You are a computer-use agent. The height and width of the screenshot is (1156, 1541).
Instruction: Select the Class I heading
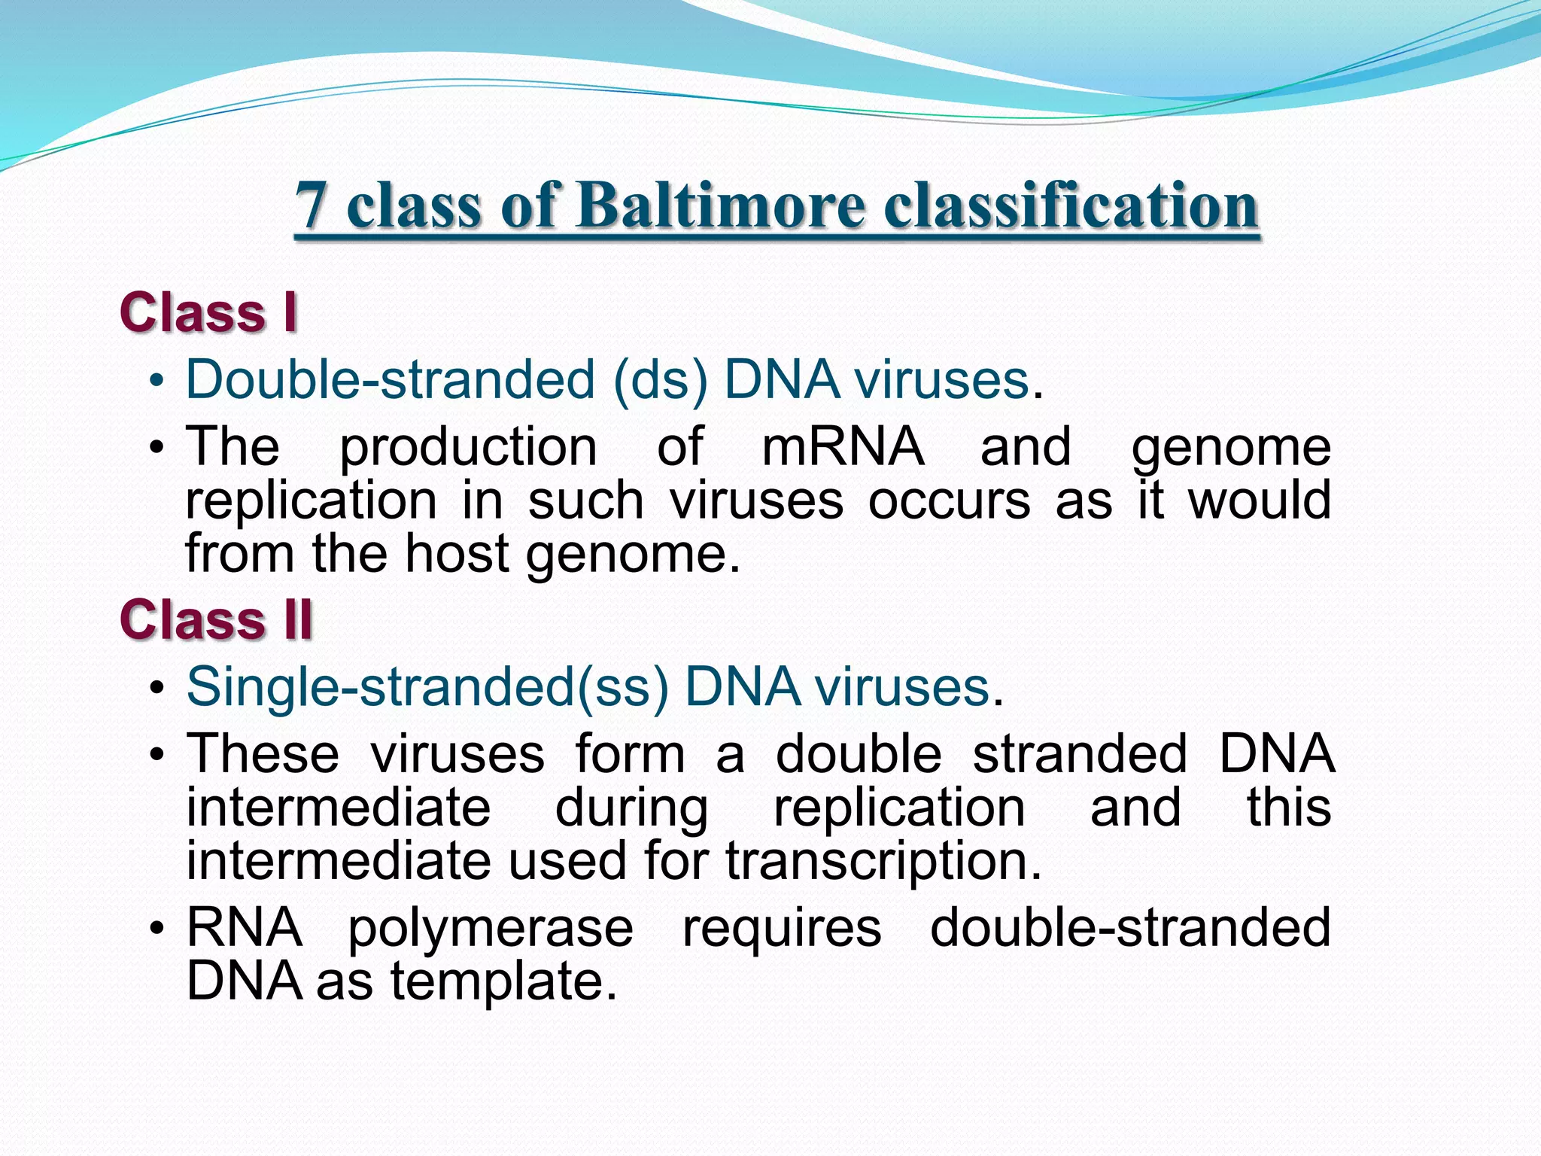pos(208,312)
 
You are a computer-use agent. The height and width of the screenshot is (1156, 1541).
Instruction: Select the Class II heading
pos(216,620)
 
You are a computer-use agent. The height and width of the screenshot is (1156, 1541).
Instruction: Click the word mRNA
pos(843,447)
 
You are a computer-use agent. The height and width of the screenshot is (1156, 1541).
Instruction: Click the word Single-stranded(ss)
pos(427,686)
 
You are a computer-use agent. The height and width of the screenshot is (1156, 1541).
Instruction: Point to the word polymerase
pos(490,929)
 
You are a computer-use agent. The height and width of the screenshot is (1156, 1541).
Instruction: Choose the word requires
pos(782,929)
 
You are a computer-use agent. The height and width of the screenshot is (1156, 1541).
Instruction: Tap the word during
pos(631,809)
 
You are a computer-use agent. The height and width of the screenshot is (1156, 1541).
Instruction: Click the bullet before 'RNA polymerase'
pos(157,929)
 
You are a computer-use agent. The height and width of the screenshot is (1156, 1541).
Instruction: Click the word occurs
pos(949,500)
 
